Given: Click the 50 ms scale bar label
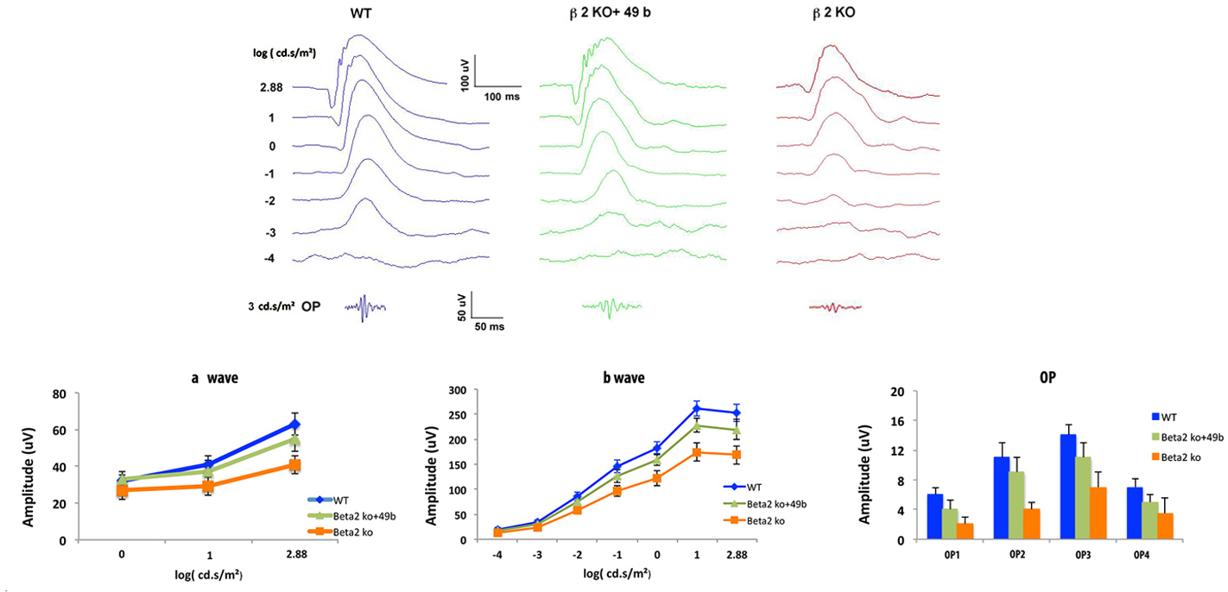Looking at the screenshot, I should (x=490, y=328).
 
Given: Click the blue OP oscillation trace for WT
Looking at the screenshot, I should (x=365, y=306).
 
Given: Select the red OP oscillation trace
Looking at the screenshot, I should (x=834, y=306).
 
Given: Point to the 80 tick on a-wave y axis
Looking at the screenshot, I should (x=60, y=394).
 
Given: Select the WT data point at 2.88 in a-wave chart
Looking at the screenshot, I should (x=294, y=425).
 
